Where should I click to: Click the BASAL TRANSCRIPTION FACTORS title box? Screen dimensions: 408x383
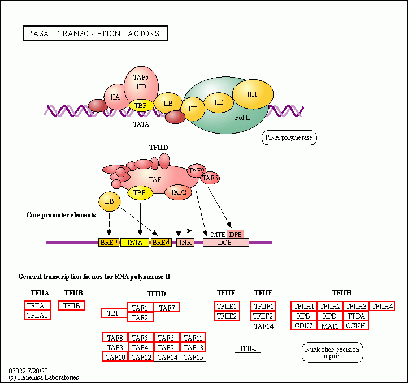pos(95,33)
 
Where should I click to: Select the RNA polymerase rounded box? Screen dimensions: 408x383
pos(289,137)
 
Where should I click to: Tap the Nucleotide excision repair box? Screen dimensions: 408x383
pos(332,352)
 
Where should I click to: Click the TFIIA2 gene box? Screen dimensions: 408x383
pos(37,316)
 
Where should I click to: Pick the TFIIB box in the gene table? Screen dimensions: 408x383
pos(72,305)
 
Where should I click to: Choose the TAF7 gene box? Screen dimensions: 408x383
pos(167,307)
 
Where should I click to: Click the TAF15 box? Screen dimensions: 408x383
pos(193,357)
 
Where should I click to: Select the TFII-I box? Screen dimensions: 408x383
pos(248,348)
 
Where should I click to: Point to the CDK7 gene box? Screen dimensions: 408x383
pos(303,326)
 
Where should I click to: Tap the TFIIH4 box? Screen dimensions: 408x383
pos(382,306)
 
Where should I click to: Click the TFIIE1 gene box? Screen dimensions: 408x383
pos(227,306)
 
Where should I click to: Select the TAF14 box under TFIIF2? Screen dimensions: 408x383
pos(263,326)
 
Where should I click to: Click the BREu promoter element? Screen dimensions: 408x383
pos(108,242)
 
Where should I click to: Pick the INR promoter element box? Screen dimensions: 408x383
pos(185,242)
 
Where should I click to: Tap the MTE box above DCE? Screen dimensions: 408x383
pos(218,234)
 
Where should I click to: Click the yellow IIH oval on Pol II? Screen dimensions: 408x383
pos(253,94)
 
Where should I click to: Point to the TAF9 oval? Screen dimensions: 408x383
pos(197,171)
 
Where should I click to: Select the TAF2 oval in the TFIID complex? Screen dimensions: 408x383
pos(178,192)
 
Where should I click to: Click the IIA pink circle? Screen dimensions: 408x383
pos(115,97)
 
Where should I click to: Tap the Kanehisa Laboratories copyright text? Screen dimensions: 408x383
pos(44,377)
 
